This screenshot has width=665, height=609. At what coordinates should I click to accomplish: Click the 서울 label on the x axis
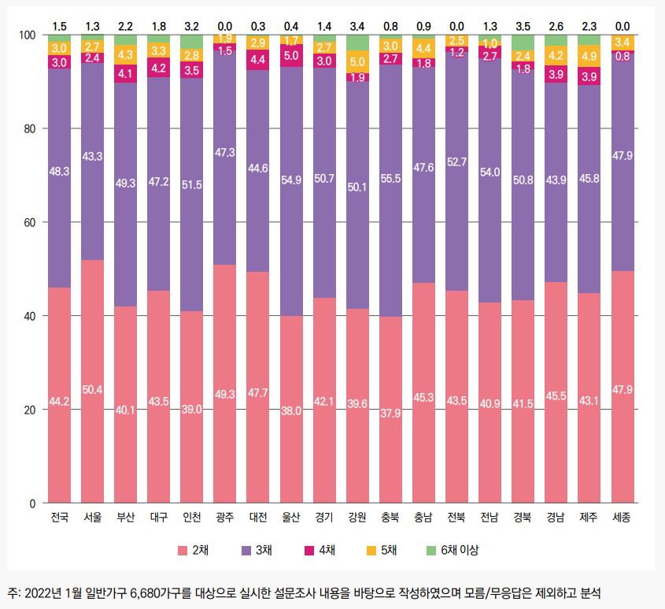pos(93,518)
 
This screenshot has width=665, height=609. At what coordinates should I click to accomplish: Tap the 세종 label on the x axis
pos(622,518)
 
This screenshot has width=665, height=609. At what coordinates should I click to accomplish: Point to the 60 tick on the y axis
pos(30,222)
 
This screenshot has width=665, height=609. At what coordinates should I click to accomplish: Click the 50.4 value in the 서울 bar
pos(93,388)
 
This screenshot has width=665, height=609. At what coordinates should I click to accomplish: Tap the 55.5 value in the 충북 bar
pos(390,179)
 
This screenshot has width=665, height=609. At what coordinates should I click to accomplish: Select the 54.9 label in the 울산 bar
pos(291,180)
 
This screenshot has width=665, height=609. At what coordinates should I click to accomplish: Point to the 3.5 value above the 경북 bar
pos(522,26)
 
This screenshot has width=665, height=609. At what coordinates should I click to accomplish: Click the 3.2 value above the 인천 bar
pos(192,26)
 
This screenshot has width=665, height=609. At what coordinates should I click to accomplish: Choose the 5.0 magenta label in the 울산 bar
pos(291,55)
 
